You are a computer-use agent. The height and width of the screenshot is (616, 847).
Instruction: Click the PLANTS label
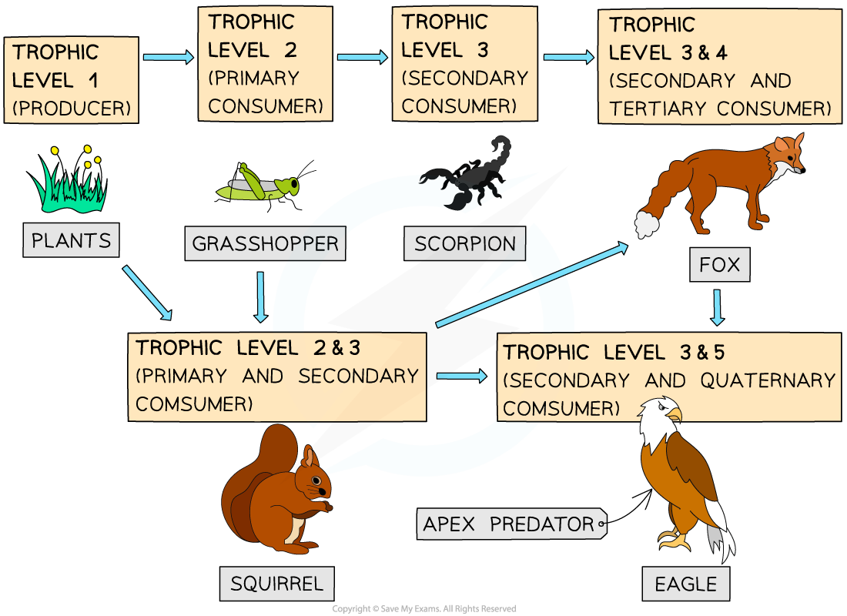click(71, 240)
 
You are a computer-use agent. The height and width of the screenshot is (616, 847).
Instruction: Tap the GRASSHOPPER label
click(265, 243)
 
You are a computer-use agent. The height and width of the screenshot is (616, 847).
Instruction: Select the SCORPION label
click(464, 243)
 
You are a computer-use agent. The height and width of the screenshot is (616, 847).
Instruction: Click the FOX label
click(719, 264)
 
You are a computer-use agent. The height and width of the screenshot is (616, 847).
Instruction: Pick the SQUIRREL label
click(276, 584)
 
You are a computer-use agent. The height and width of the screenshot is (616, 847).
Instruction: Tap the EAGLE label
click(686, 584)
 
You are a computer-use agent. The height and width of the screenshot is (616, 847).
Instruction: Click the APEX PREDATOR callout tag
click(511, 524)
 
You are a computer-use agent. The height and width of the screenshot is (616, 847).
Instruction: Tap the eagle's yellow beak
click(675, 415)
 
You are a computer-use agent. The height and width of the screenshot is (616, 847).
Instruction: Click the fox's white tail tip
click(646, 224)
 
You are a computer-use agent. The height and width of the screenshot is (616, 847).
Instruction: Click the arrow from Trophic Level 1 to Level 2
click(169, 57)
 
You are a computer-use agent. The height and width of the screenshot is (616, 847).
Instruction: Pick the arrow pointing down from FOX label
click(718, 307)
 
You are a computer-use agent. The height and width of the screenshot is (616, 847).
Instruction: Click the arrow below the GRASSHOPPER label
click(261, 297)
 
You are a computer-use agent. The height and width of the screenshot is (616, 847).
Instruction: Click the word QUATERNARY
click(768, 380)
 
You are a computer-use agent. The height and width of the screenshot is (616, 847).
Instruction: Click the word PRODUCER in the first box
click(72, 108)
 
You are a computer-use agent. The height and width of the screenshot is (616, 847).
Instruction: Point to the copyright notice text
click(424, 609)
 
